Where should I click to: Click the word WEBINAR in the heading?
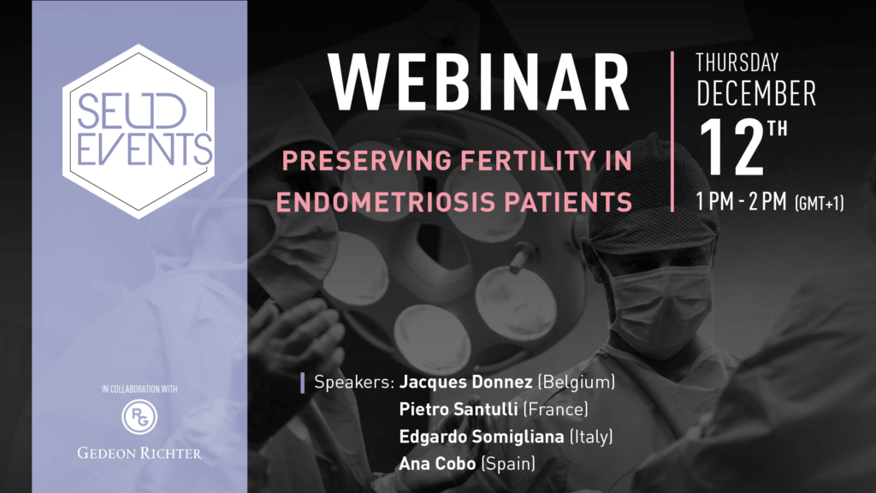pyautogui.click(x=479, y=83)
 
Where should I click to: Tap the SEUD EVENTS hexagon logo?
pyautogui.click(x=139, y=131)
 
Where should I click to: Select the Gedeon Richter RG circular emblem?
pyautogui.click(x=139, y=417)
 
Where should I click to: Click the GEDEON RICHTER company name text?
pyautogui.click(x=139, y=453)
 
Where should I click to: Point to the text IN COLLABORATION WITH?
pyautogui.click(x=139, y=389)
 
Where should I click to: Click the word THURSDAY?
pyautogui.click(x=737, y=62)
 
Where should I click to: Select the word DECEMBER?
pyautogui.click(x=756, y=93)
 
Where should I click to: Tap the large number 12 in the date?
pyautogui.click(x=731, y=147)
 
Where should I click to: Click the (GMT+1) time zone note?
pyautogui.click(x=819, y=203)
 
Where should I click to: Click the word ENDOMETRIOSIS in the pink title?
pyautogui.click(x=386, y=202)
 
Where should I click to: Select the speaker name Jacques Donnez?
pyautogui.click(x=465, y=382)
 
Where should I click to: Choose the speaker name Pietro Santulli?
pyautogui.click(x=459, y=409)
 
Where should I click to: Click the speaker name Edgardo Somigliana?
pyautogui.click(x=482, y=437)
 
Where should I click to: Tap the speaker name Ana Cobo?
pyautogui.click(x=437, y=463)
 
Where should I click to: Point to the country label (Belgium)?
pyautogui.click(x=576, y=382)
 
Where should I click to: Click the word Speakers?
pyautogui.click(x=354, y=383)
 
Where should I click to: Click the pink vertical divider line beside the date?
pyautogui.click(x=672, y=131)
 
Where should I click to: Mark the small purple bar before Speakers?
pyautogui.click(x=302, y=383)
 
